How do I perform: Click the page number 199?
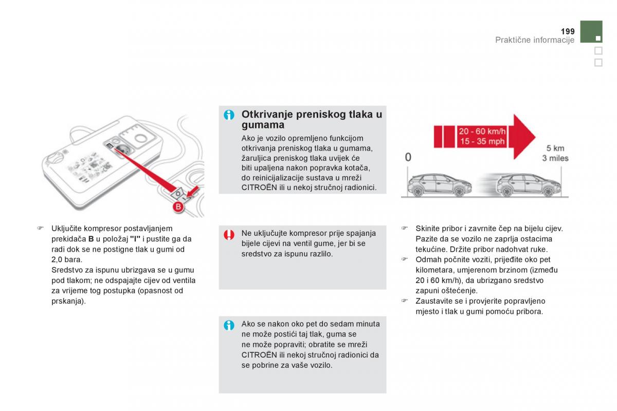(x=568, y=31)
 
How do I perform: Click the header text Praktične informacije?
(x=535, y=40)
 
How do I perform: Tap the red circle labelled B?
(x=178, y=207)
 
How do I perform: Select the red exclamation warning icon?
(x=229, y=235)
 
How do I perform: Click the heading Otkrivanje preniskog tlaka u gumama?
(x=312, y=120)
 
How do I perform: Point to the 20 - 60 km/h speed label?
(x=482, y=132)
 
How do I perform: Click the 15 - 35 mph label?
(x=482, y=141)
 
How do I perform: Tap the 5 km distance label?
(x=555, y=148)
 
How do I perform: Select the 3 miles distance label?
(x=555, y=158)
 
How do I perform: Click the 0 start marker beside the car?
(x=408, y=157)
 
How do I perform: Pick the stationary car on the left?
(x=440, y=185)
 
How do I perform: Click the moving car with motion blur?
(x=529, y=185)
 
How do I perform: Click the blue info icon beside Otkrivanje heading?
(x=229, y=115)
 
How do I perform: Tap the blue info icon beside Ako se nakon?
(x=229, y=325)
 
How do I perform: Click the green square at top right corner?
(x=591, y=31)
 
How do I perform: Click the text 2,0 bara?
(x=67, y=259)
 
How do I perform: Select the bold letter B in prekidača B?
(x=91, y=239)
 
